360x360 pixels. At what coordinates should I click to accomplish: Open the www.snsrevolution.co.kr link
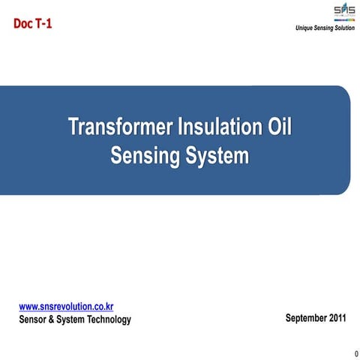tap(66, 307)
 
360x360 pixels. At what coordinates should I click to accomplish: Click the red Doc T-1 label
tap(33, 23)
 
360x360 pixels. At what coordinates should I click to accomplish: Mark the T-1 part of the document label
tap(43, 23)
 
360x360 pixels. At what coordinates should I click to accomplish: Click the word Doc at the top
tap(22, 23)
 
